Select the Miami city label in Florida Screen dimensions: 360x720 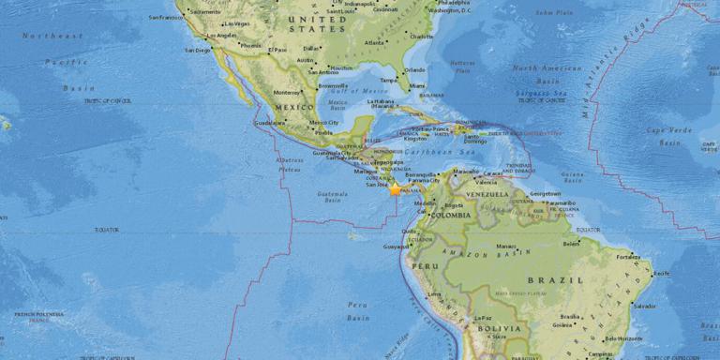417,85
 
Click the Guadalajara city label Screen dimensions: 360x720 270,122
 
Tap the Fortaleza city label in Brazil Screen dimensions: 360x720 629,256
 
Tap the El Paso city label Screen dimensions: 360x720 277,49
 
